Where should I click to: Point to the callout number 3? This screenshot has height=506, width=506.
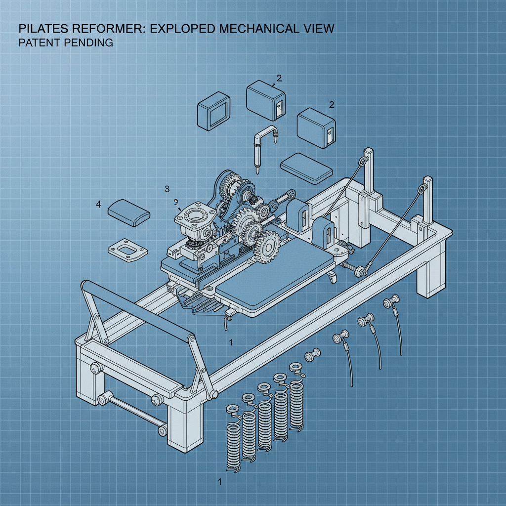[x=167, y=189]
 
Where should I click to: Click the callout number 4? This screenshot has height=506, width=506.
[x=98, y=204]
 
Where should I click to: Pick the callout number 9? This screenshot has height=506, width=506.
[x=176, y=202]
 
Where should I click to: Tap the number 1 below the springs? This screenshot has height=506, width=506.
[x=219, y=480]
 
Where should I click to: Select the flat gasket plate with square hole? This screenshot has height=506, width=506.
[x=127, y=251]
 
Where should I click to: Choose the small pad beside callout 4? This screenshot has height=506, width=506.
[x=129, y=212]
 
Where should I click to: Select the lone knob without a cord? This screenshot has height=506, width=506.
[x=312, y=354]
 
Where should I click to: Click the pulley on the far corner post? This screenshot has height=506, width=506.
[x=364, y=162]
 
